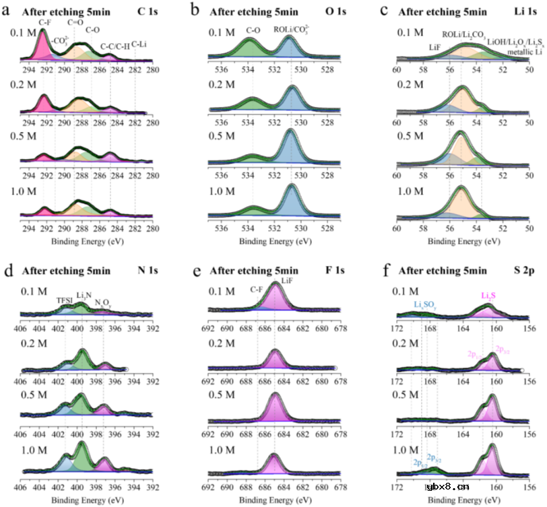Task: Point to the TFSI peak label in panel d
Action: (x=65, y=301)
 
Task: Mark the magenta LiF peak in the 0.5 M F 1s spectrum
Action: (x=275, y=409)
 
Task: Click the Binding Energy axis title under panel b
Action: (x=270, y=240)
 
